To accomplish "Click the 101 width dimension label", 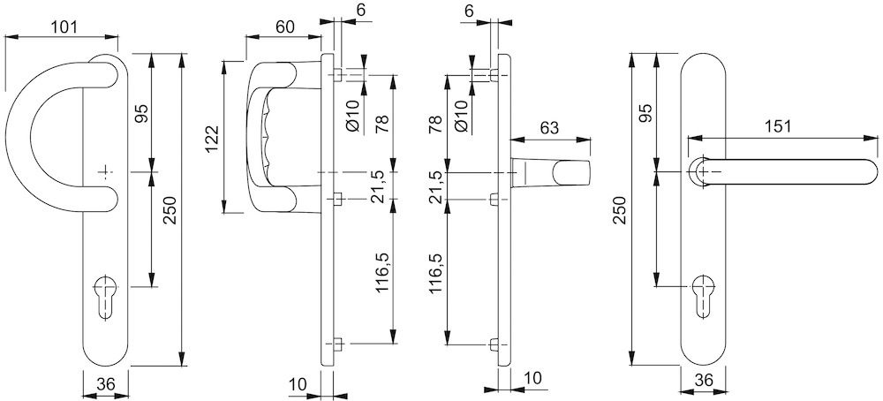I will [x=61, y=27].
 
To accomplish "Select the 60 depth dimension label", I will [x=283, y=27].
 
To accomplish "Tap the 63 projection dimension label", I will [x=548, y=128].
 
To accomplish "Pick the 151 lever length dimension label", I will [x=776, y=127].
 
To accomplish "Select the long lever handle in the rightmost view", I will [x=786, y=170].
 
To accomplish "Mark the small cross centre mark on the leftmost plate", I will [x=105, y=170].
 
